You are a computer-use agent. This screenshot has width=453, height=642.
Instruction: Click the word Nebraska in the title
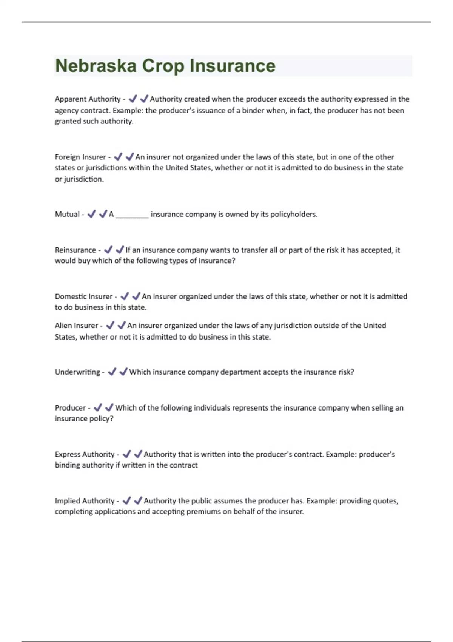[x=96, y=66]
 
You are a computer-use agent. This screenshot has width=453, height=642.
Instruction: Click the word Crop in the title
[x=163, y=66]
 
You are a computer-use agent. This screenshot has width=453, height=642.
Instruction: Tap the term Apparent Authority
[x=88, y=99]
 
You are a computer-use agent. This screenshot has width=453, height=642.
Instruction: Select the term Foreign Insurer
[x=80, y=157]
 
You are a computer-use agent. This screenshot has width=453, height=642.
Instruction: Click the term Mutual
[x=67, y=214]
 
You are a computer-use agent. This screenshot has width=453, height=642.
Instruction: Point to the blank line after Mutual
[x=132, y=215]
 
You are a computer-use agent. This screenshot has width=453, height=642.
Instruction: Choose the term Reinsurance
[x=75, y=250]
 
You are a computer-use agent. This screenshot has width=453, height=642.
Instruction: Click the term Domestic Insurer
[x=84, y=296]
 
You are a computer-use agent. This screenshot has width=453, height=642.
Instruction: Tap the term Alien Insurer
[x=76, y=326]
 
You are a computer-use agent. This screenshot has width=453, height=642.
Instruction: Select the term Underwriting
[x=77, y=372]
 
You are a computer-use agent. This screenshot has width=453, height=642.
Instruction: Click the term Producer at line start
[x=70, y=408]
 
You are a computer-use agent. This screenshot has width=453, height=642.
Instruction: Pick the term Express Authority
[x=85, y=454]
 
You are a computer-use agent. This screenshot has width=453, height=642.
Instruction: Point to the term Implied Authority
[x=85, y=501]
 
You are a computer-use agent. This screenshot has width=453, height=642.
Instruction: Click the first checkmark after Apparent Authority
[x=133, y=99]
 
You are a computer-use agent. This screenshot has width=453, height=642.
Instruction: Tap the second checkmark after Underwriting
[x=123, y=372]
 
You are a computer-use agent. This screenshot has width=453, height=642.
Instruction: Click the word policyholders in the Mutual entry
[x=293, y=214]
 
